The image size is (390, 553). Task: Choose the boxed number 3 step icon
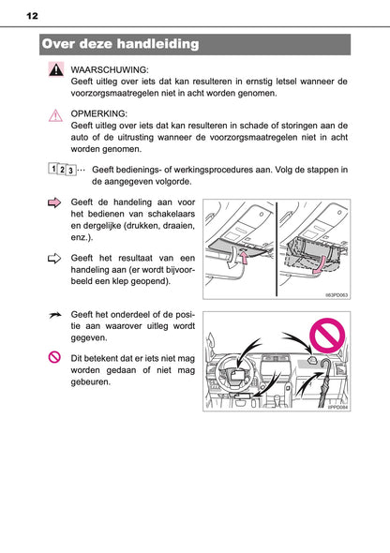point(71,171)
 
